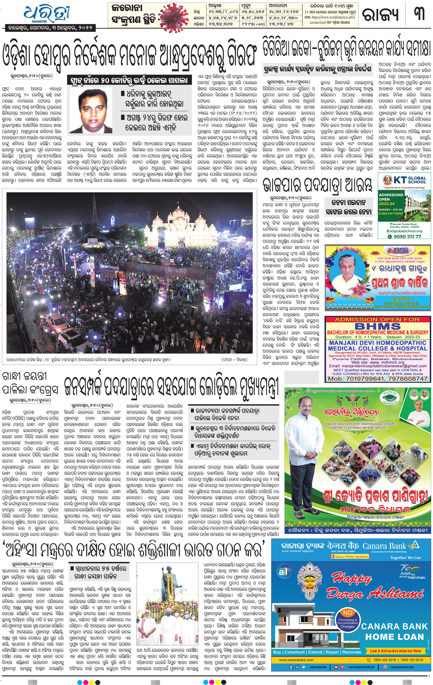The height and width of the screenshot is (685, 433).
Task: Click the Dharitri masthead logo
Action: pyautogui.click(x=47, y=13)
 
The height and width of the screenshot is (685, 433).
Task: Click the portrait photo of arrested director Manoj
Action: pyautogui.click(x=91, y=110)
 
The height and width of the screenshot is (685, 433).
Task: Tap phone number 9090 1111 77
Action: pyautogui.click(x=407, y=236)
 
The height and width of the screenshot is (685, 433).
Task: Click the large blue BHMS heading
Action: pyautogui.click(x=378, y=326)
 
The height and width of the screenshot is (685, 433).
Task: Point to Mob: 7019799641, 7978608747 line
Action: pyautogui.click(x=378, y=379)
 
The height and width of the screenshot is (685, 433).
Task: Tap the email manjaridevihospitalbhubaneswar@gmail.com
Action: pyautogui.click(x=378, y=366)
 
